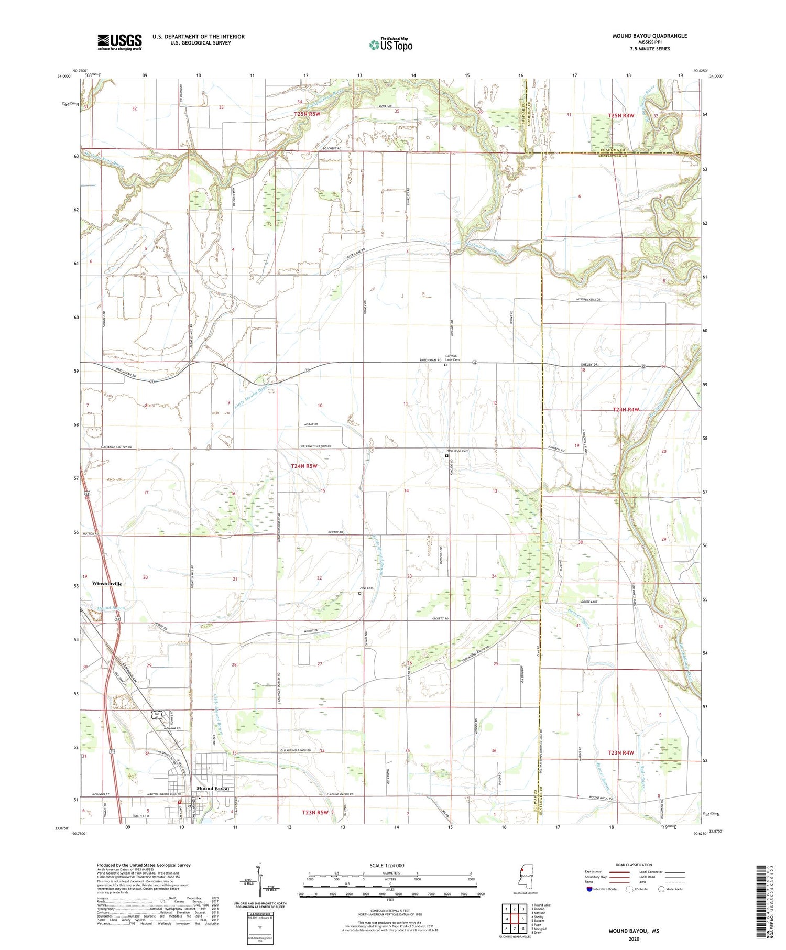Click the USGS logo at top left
[x=119, y=42]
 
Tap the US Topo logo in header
[x=391, y=45]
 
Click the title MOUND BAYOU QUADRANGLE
[x=649, y=36]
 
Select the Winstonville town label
[x=107, y=583]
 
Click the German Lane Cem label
[x=452, y=358]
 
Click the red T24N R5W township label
[x=304, y=465]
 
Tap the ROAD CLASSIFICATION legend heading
[x=634, y=865]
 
